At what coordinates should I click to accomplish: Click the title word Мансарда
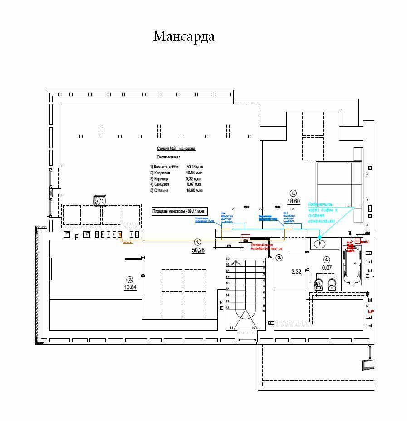coord(184,36)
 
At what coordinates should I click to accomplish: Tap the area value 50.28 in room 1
coord(198,250)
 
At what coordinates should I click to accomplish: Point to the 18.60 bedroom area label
coord(294,201)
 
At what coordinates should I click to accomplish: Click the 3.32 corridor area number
coord(296,272)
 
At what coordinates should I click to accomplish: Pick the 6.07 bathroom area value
coord(326,267)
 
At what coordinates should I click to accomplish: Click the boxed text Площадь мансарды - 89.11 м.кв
coord(179,211)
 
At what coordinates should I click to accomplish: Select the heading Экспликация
coord(168,157)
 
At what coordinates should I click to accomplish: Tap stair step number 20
coord(227,259)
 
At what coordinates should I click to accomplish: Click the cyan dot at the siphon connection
coord(320,237)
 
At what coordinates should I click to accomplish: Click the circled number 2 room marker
coord(130,279)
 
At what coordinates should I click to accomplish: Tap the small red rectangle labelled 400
coord(245,241)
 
